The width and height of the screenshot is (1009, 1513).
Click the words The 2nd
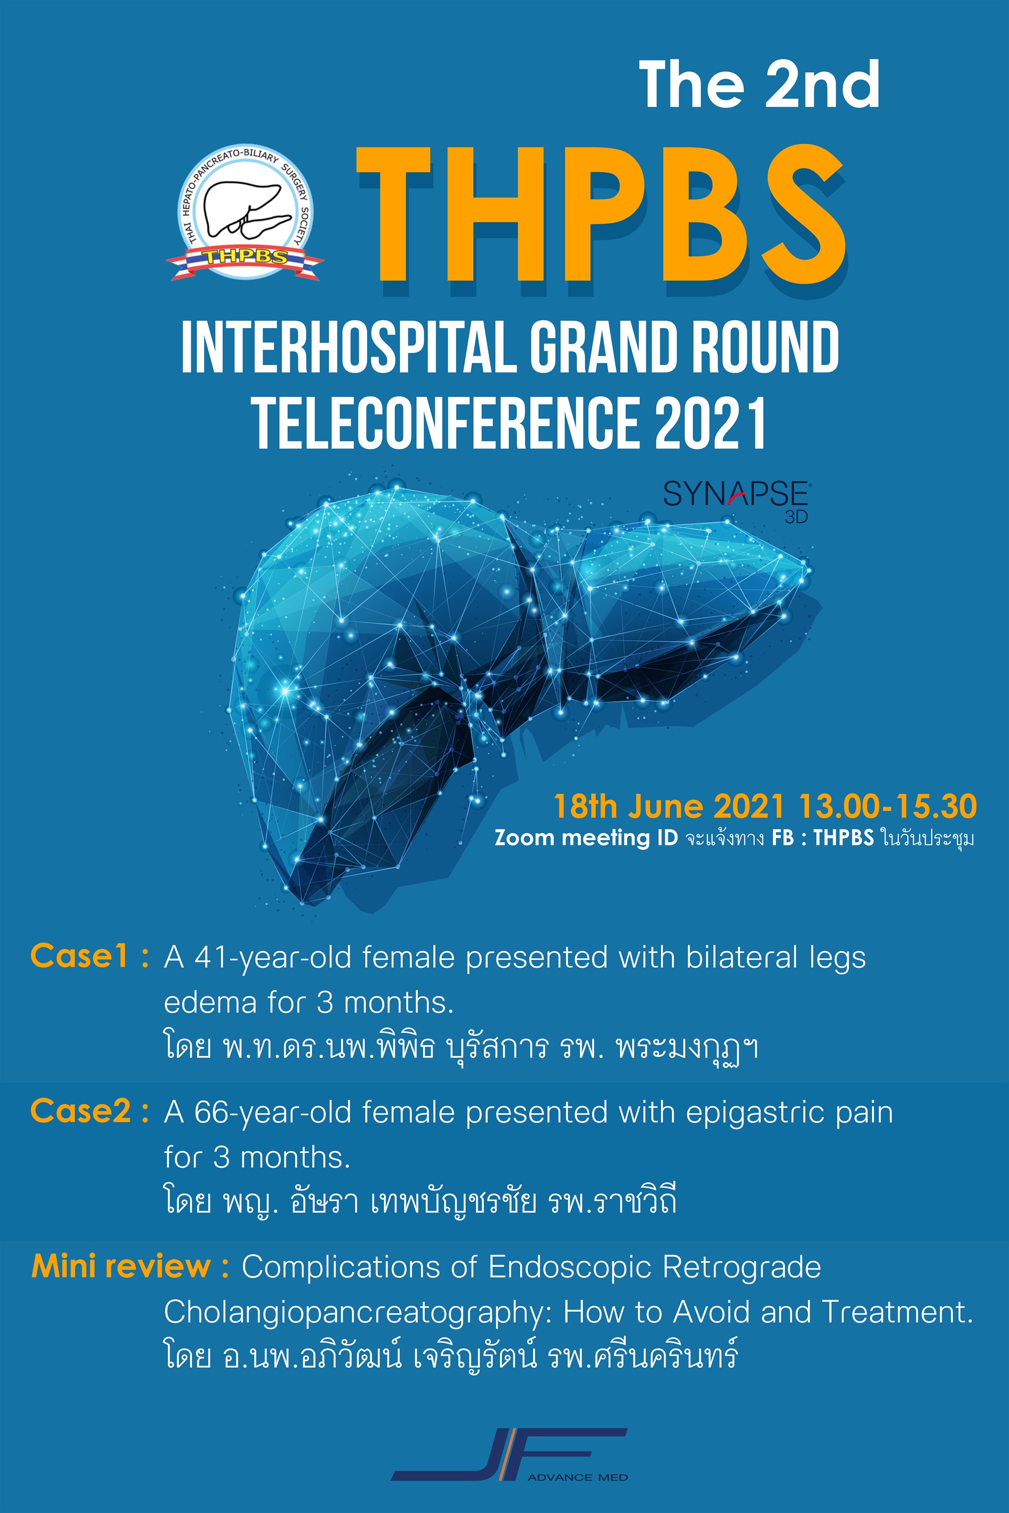point(759,84)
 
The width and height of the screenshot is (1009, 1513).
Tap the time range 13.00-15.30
point(888,807)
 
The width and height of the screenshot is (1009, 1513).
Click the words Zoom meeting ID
point(586,838)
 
